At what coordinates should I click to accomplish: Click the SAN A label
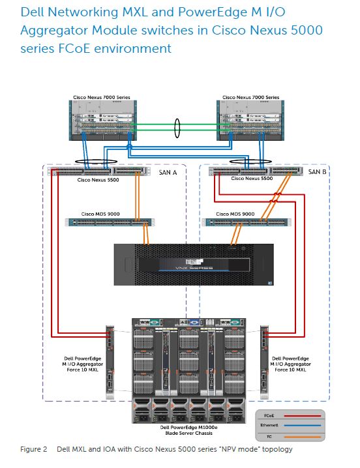168,172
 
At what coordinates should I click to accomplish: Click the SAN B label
317,171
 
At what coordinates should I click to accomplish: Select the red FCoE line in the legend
303,416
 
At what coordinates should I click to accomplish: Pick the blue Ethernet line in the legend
303,426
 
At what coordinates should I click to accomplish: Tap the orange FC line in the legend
303,437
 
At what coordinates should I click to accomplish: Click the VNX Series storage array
194,265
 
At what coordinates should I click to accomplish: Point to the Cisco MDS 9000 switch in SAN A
110,222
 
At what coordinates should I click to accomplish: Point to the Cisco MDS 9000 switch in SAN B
247,222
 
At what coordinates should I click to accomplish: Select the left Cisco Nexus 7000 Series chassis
103,121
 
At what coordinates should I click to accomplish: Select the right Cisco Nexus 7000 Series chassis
250,121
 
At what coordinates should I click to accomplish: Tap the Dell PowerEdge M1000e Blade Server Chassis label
189,430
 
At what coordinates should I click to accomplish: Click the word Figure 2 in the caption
34,449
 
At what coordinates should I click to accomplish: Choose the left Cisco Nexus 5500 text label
98,180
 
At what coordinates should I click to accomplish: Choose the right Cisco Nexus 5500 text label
252,179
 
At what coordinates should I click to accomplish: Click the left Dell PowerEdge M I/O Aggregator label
82,364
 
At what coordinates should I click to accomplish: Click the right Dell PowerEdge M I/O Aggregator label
290,364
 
